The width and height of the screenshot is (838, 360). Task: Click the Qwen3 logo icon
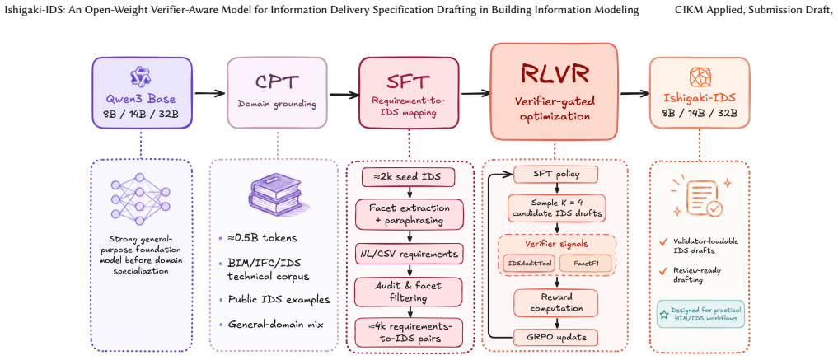(142, 77)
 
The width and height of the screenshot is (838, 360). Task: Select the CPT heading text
(277, 82)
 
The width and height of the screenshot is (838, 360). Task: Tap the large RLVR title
(555, 75)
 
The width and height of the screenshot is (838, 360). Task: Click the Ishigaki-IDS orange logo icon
(699, 77)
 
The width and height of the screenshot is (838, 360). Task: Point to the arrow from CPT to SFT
(344, 95)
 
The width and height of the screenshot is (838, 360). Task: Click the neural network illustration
(141, 199)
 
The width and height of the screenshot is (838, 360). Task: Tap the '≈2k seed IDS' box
(408, 177)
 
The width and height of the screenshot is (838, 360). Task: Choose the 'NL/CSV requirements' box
(410, 253)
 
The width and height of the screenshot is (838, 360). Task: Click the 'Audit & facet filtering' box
(410, 291)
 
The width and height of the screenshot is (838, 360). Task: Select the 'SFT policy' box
(555, 174)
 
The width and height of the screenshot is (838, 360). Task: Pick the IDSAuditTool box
(530, 263)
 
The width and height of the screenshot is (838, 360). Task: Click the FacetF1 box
(585, 263)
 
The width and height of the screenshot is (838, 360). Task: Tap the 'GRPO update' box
(555, 338)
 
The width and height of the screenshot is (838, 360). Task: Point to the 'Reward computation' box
(555, 303)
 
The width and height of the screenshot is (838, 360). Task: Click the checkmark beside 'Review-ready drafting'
(663, 271)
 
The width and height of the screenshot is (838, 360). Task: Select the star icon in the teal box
(664, 314)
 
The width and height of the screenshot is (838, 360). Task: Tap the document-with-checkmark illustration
(700, 197)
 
